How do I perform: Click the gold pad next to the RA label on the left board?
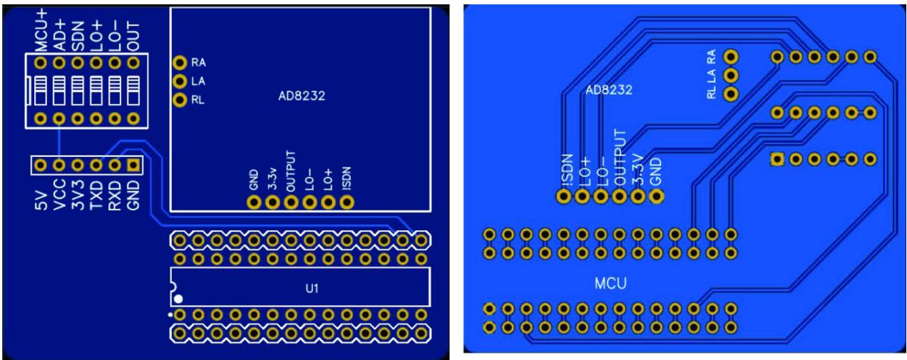(180, 63)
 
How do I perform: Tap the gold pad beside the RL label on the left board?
(180, 99)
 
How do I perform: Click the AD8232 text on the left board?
(301, 96)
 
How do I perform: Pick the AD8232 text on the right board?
(608, 91)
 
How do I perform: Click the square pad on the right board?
(777, 159)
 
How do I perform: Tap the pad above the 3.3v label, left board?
(272, 202)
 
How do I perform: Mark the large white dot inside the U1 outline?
(180, 299)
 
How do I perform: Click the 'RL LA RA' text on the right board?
(712, 75)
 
